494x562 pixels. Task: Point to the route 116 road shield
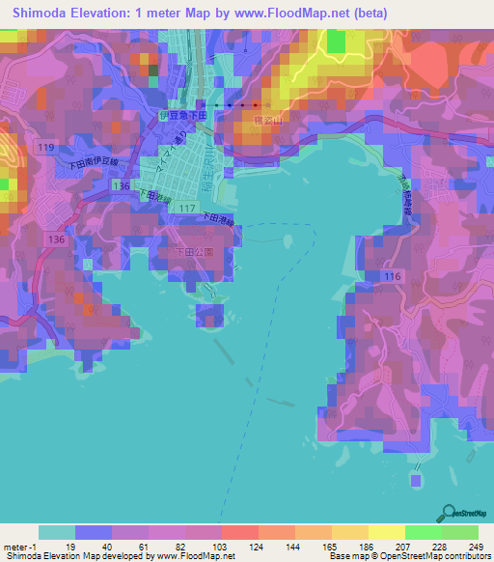(x=391, y=277)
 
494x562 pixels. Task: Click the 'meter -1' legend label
(x=18, y=546)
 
